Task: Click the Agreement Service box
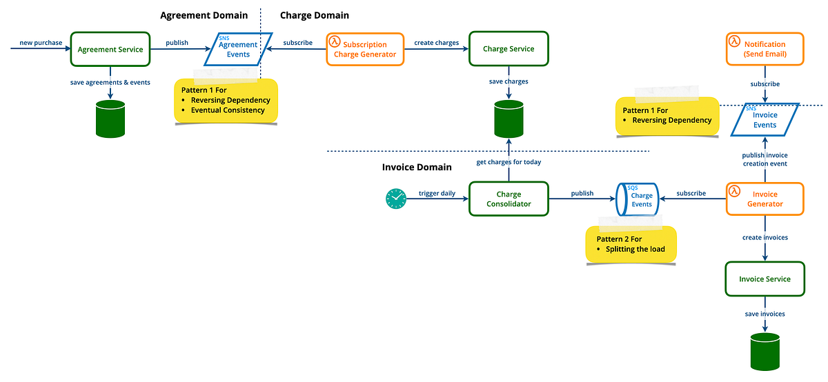tap(110, 49)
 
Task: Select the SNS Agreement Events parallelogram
tap(236, 49)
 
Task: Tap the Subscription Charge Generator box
tap(364, 49)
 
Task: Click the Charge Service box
tap(509, 49)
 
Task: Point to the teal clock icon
tap(396, 199)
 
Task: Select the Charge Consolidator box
tap(509, 199)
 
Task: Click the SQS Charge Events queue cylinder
tap(638, 199)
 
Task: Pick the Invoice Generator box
tap(765, 199)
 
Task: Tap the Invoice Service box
tap(765, 279)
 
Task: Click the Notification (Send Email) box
tap(765, 49)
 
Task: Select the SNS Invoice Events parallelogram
tap(764, 120)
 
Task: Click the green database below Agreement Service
tap(110, 119)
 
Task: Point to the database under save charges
tap(509, 119)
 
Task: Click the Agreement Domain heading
tap(204, 15)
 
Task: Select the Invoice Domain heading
tap(417, 167)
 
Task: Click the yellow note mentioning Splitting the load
tap(631, 244)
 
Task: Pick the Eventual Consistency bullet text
tap(228, 110)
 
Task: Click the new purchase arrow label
tap(41, 43)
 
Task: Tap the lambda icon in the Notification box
tap(735, 41)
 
